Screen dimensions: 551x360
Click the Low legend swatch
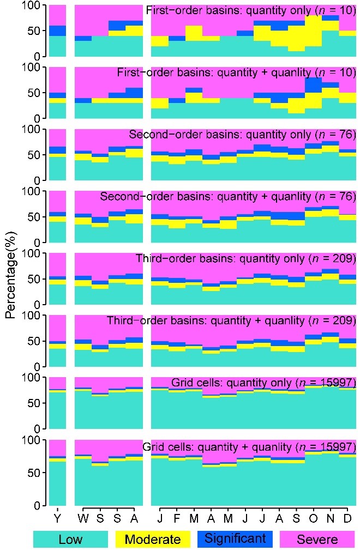point(70,539)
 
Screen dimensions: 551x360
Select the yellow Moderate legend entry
point(153,539)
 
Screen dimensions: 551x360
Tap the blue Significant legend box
point(235,539)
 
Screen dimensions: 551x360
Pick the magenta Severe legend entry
point(317,539)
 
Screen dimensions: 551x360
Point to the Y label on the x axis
point(57,516)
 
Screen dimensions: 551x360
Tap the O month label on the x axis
point(313,516)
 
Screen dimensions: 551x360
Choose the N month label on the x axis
point(330,516)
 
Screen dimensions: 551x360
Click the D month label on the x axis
point(347,516)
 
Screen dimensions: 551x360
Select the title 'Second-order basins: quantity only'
point(242,134)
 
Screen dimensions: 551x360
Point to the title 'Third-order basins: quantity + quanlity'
point(231,320)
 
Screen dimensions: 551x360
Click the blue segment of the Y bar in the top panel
point(57,31)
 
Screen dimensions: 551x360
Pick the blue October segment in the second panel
point(313,86)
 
